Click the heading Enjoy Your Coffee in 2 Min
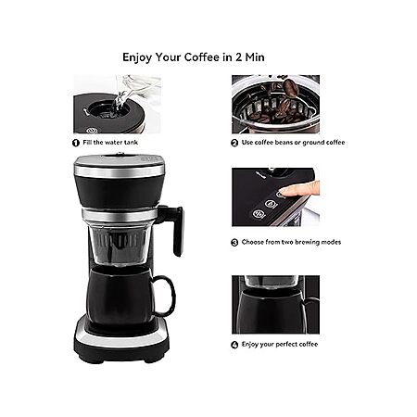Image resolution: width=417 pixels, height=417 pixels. (x=194, y=57)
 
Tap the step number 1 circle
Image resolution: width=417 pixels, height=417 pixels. (x=76, y=143)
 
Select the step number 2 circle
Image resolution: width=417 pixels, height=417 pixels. (x=234, y=143)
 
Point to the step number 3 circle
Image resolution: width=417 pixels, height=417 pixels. (x=234, y=243)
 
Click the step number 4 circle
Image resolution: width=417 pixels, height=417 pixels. (x=234, y=345)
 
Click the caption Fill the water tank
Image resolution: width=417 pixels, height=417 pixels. (x=110, y=143)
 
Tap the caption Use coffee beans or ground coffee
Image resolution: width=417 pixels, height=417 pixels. (x=293, y=143)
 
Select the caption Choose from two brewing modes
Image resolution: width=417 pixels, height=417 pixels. (x=291, y=242)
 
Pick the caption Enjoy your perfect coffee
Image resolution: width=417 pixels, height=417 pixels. (x=280, y=344)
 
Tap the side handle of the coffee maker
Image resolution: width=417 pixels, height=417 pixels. (x=177, y=229)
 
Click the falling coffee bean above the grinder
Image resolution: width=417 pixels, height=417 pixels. (x=291, y=86)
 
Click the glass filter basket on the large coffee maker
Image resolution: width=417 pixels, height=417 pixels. (x=120, y=246)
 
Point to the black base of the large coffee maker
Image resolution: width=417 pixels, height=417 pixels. (x=121, y=343)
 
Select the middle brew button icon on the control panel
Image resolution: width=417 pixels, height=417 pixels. (x=271, y=204)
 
